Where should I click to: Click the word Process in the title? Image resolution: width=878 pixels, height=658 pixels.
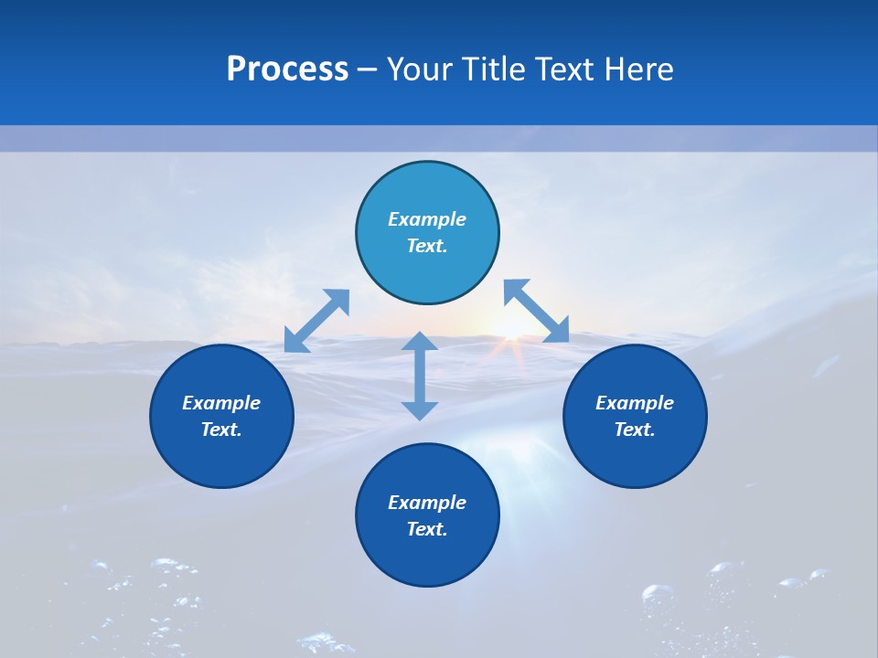click(287, 69)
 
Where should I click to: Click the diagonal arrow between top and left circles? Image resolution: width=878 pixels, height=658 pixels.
click(316, 321)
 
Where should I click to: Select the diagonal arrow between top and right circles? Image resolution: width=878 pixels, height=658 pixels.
click(537, 311)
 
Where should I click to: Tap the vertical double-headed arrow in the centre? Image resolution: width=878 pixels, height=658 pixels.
click(420, 376)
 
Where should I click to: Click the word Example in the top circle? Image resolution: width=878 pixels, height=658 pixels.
click(427, 219)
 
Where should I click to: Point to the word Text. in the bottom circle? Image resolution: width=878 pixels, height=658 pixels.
click(427, 529)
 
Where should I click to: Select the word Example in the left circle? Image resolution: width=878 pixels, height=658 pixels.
click(221, 403)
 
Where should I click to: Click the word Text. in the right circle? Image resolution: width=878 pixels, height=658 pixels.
click(635, 430)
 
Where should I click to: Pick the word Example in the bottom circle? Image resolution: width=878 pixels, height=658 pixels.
click(427, 503)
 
